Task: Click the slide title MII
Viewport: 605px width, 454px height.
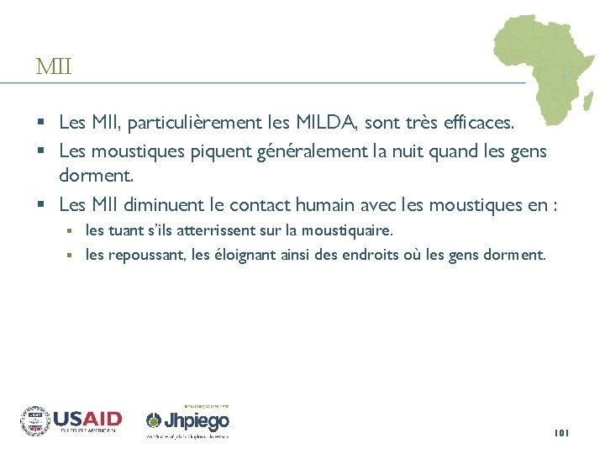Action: [x=54, y=66]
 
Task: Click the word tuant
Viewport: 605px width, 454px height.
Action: [x=126, y=230]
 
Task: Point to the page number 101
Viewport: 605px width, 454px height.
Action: [x=561, y=433]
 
